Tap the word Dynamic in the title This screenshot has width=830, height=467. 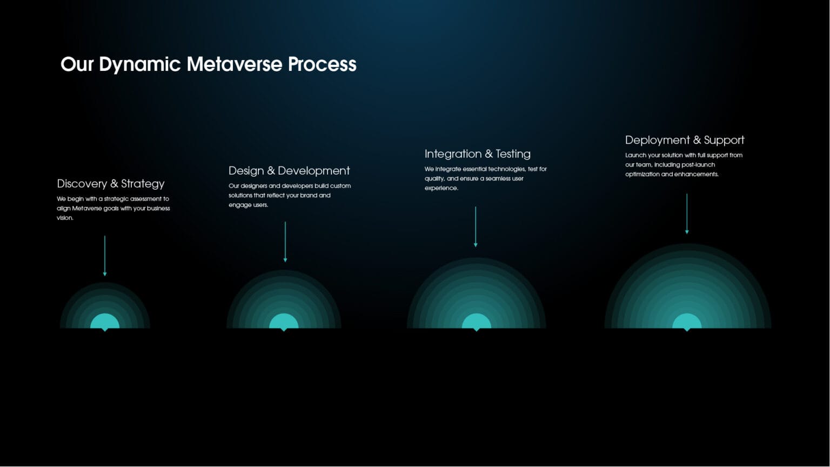point(140,64)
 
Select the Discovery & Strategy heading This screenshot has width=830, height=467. point(111,184)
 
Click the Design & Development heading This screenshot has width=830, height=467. point(289,171)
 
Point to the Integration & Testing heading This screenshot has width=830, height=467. point(478,154)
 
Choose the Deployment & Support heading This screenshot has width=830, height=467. point(685,140)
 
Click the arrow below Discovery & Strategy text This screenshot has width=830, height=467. point(105,256)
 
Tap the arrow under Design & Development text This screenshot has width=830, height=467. point(285,242)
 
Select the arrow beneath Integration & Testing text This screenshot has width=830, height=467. point(476,226)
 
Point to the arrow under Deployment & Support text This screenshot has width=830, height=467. point(687,214)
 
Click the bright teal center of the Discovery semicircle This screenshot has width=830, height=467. point(105,322)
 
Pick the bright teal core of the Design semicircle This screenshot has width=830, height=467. point(284,322)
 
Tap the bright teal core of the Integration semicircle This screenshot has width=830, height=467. point(477,322)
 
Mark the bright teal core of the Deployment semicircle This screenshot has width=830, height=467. point(687,322)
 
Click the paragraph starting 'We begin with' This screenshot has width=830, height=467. point(113,208)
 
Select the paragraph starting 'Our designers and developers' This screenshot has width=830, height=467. point(290,195)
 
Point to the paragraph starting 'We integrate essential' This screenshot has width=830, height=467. point(485,178)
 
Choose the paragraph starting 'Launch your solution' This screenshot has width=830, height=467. point(684,164)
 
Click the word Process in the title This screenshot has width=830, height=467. point(322,64)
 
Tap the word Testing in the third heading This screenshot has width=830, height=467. point(513,154)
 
